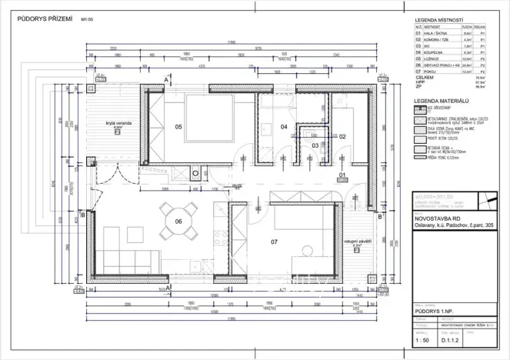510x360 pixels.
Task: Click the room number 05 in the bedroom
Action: pos(178,126)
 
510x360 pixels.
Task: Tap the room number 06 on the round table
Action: pos(178,221)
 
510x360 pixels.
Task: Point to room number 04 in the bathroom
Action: pos(283,126)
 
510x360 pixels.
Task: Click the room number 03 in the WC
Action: pos(315,145)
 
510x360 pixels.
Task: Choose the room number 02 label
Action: pos(343,136)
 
